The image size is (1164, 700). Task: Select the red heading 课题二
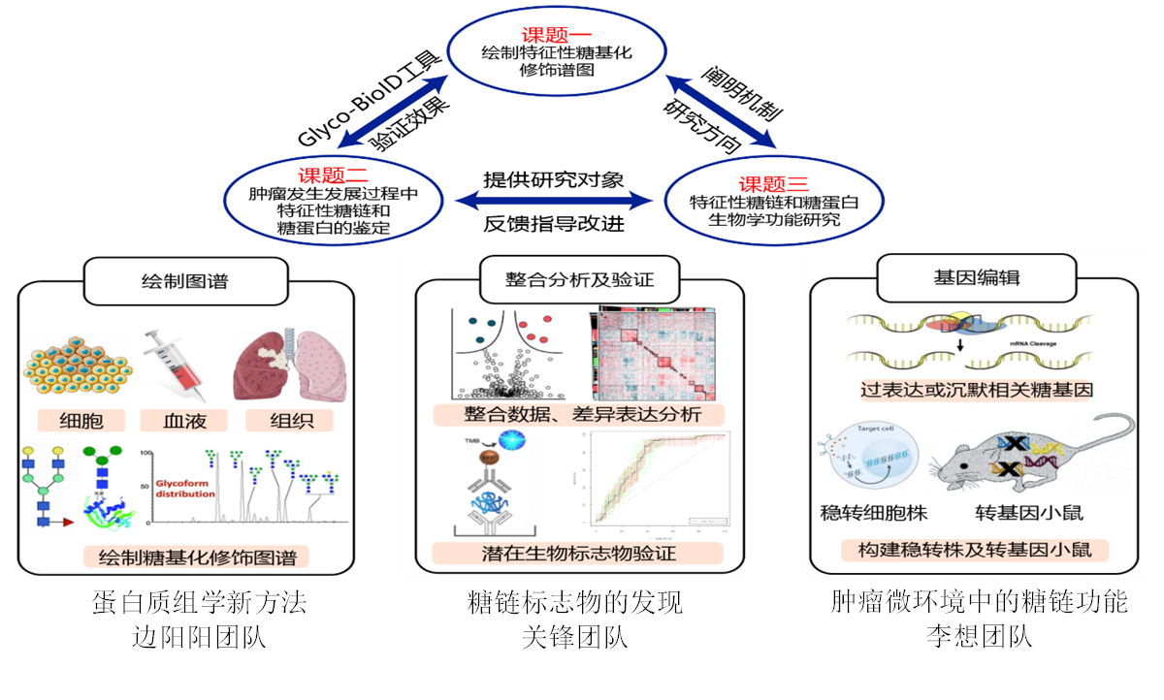click(x=334, y=175)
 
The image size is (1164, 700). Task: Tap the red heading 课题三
click(x=773, y=184)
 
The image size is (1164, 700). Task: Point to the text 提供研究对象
click(x=553, y=180)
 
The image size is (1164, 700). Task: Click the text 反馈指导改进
click(x=553, y=224)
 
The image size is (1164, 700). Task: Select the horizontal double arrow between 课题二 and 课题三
click(x=554, y=202)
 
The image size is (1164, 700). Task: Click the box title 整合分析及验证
click(x=579, y=280)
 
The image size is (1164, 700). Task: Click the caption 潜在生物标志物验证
click(x=578, y=554)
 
